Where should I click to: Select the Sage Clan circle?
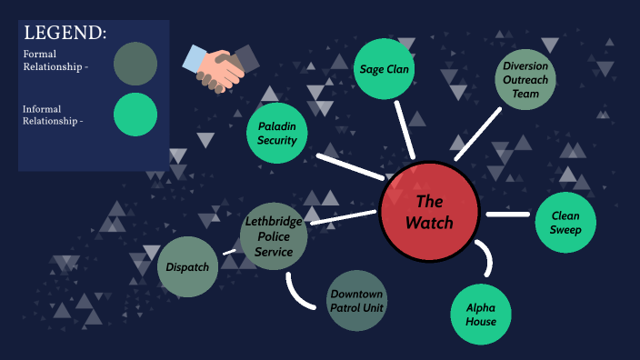tap(385, 69)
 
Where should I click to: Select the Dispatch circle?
tap(188, 267)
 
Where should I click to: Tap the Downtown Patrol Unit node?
tap(356, 301)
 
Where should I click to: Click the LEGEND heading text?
tap(65, 34)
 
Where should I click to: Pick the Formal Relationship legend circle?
tap(135, 64)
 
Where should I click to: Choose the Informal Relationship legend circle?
tap(135, 115)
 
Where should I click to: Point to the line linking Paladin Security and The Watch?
tap(349, 166)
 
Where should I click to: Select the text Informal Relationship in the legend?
tap(53, 115)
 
